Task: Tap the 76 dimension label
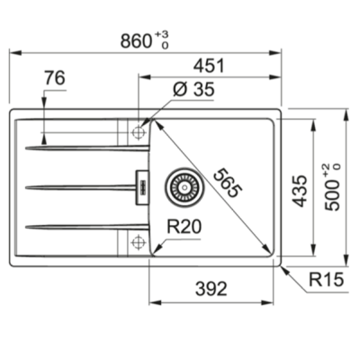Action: tap(54, 79)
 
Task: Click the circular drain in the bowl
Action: tap(180, 186)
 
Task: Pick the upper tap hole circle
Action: tap(139, 132)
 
